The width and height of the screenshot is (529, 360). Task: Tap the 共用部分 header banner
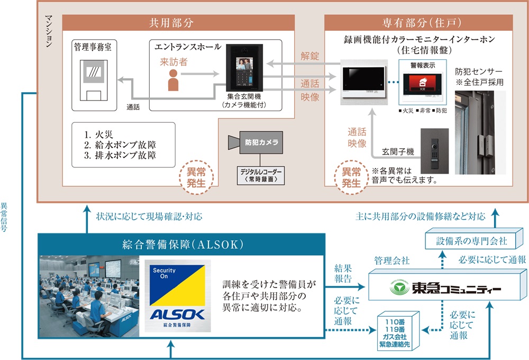[178, 23]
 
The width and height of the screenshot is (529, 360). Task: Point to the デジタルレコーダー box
[260, 175]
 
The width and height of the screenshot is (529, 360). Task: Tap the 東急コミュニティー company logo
[443, 288]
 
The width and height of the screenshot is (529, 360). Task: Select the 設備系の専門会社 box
[472, 241]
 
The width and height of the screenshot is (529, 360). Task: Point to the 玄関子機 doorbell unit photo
[434, 150]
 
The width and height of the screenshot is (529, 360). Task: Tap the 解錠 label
[310, 55]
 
